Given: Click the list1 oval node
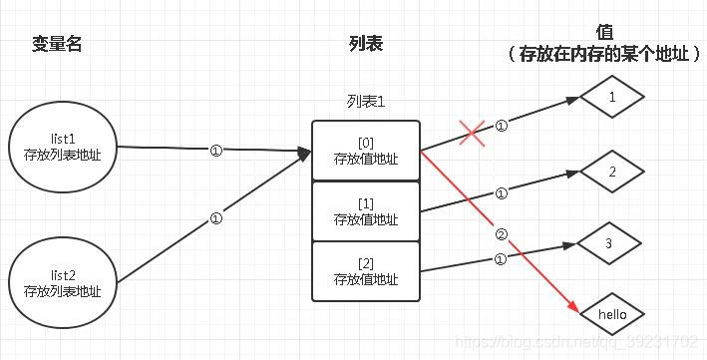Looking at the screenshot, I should tap(62, 146).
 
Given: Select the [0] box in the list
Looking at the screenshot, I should tap(365, 151).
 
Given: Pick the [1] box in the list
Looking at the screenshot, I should tap(365, 211).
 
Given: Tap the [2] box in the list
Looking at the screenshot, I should tap(365, 271).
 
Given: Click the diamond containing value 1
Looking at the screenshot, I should tap(612, 97).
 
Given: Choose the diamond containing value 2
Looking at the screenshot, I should tap(612, 172).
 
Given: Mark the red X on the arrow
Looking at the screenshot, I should tap(473, 134).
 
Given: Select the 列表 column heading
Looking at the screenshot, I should tap(365, 44).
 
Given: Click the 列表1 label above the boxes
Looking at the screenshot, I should tap(365, 104).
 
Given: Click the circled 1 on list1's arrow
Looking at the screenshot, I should tap(216, 151).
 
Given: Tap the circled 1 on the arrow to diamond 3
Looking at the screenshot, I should tap(501, 259).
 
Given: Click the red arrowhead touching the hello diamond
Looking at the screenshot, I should tap(572, 309).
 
